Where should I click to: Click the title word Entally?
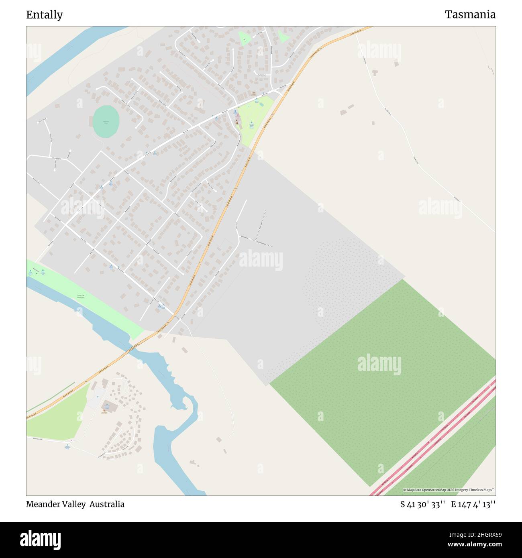click(x=45, y=15)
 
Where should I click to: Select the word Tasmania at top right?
click(x=470, y=15)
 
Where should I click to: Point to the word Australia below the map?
click(x=107, y=504)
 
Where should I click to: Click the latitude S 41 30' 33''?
click(x=422, y=504)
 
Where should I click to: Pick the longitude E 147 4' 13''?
click(x=473, y=504)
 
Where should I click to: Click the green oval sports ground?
click(x=106, y=121)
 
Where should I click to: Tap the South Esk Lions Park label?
click(x=81, y=297)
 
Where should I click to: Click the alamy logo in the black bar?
click(x=40, y=539)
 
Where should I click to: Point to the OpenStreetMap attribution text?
click(x=449, y=490)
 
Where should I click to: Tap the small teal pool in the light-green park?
click(x=262, y=104)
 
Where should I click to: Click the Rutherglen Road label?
click(x=40, y=438)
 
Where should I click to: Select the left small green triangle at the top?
click(x=244, y=39)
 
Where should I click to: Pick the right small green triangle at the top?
click(x=283, y=37)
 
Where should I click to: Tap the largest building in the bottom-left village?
click(x=109, y=406)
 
